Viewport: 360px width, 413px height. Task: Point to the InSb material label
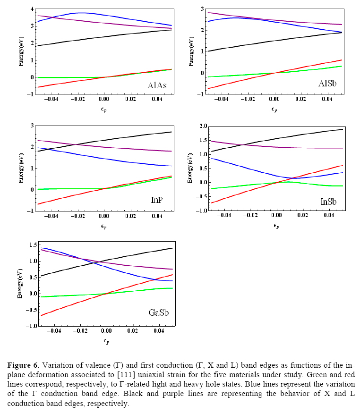click(329, 201)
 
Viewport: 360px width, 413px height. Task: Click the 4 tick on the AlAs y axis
click(31, 9)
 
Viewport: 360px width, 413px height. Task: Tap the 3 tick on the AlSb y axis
click(201, 9)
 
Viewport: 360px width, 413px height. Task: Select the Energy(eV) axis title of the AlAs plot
click(21, 52)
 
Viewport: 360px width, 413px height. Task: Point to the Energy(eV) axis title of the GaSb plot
click(20, 285)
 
